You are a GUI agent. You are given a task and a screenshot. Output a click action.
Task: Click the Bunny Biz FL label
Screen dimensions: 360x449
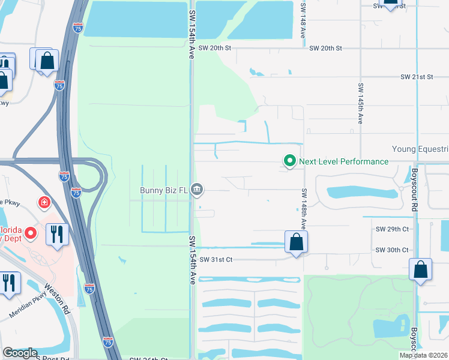pos(163,191)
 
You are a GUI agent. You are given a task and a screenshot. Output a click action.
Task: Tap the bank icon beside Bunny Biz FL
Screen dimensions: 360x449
pos(197,190)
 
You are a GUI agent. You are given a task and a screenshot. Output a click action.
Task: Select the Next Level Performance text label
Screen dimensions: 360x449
pos(344,161)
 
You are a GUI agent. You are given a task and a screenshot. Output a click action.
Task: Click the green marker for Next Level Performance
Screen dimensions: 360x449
pos(290,161)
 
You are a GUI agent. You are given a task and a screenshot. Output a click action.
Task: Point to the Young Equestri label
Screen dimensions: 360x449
pos(420,149)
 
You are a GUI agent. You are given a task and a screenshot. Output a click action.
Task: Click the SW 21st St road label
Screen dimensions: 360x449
pos(417,77)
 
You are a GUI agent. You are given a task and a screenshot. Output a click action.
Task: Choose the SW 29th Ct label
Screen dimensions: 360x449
pos(392,229)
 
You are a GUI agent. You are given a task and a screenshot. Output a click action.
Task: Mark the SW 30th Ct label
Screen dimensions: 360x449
pos(392,250)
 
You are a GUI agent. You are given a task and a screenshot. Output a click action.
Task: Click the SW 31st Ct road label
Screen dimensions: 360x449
pos(216,259)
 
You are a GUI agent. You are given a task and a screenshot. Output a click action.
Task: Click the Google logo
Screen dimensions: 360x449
pos(20,353)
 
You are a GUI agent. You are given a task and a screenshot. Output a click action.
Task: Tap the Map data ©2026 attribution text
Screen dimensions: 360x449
pos(424,355)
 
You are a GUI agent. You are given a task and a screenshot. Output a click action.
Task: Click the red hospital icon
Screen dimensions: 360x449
pos(44,203)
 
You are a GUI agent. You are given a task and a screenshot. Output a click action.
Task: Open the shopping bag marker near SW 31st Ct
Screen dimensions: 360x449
pos(296,242)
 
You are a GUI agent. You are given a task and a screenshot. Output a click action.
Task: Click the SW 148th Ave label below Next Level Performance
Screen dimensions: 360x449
pos(304,208)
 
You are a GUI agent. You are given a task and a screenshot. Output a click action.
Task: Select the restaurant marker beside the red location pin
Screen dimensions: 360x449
pos(57,234)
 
